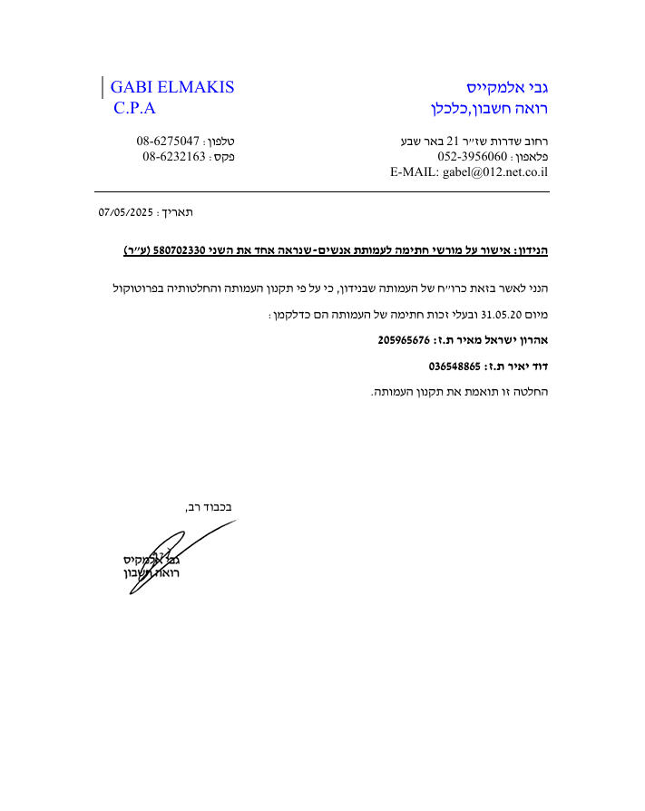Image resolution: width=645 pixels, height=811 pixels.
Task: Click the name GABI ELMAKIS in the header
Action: tap(172, 87)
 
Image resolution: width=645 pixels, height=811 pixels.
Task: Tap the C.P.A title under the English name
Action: tap(135, 108)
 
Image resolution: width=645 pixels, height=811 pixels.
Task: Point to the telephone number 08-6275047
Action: tap(168, 142)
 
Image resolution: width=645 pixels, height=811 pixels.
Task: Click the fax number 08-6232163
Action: tap(173, 156)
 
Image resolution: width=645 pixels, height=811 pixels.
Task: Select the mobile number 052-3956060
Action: tap(472, 156)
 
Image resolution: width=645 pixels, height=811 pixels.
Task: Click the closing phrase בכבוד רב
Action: tap(209, 507)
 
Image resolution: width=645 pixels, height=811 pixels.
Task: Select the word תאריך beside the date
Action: tap(177, 212)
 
